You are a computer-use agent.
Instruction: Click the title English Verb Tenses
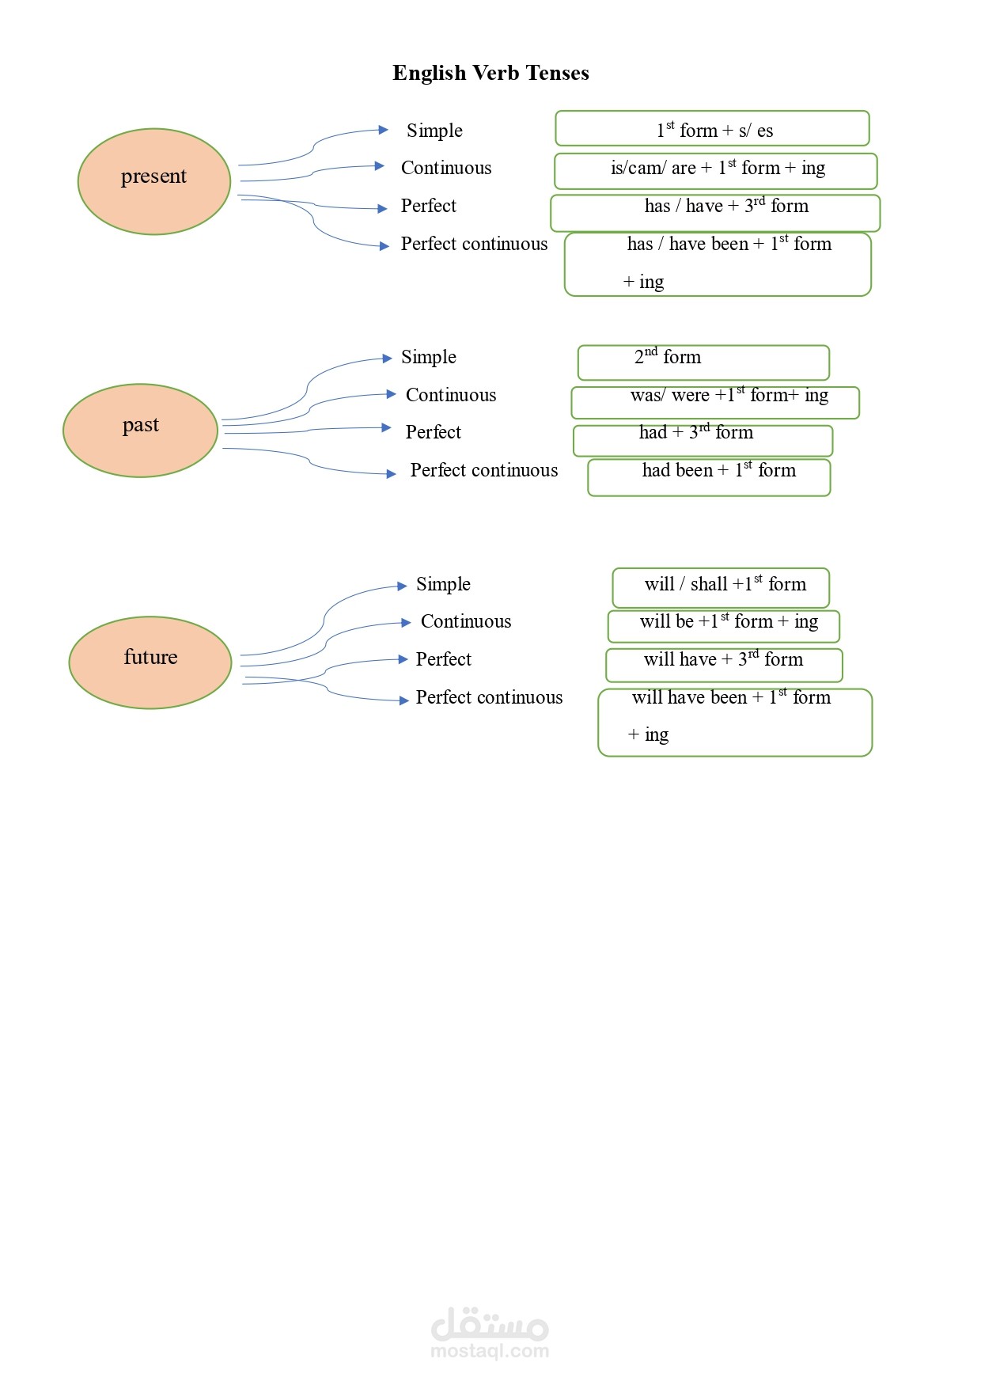coord(490,73)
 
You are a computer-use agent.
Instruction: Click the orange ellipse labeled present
coord(154,181)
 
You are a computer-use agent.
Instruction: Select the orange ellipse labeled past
coord(140,430)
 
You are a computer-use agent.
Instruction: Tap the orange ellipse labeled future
coord(150,662)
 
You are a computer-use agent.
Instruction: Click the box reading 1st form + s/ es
coord(712,129)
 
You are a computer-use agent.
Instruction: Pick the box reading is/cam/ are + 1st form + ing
coord(716,170)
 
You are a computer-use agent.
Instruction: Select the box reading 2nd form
coord(703,362)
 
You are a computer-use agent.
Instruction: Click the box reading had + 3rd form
coord(703,440)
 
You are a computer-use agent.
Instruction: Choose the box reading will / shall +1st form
coord(721,587)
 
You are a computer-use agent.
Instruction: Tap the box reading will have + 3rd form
coord(724,664)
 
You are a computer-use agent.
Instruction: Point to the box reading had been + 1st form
coord(709,477)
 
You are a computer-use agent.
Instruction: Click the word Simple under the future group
coord(443,584)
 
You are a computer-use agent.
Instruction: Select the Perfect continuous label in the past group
coord(483,470)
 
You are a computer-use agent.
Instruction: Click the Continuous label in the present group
coord(446,168)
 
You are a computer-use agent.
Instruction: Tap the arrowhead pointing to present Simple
coord(384,130)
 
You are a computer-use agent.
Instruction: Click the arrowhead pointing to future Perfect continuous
coord(403,700)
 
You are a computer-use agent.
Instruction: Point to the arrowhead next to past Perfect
coord(386,427)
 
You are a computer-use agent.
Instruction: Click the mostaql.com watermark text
coord(490,1351)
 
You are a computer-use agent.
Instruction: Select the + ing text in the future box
coord(648,734)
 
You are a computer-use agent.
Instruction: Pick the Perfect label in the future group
coord(443,659)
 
